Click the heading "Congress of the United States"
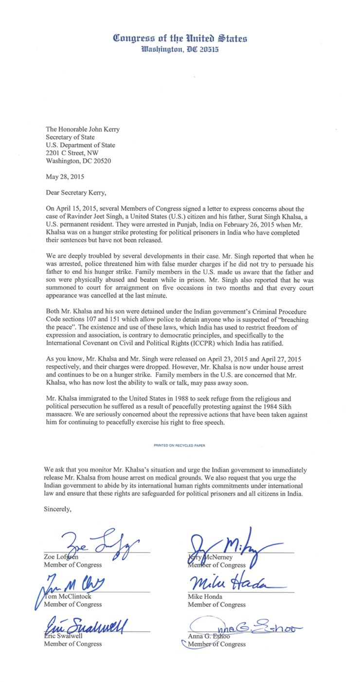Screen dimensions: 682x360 coord(180,38)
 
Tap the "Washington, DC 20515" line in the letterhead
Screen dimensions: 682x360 coord(180,49)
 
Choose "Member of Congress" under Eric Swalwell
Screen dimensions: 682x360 coord(73,644)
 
